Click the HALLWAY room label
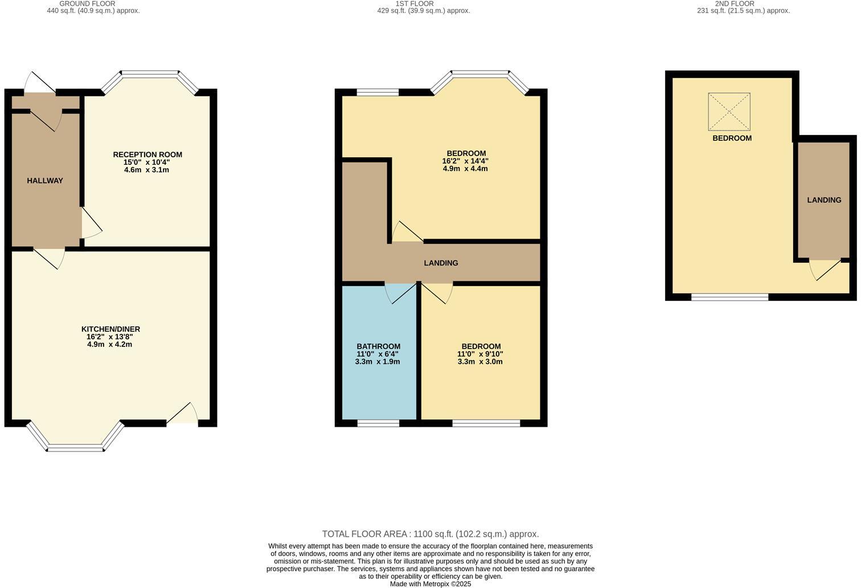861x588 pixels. (x=45, y=181)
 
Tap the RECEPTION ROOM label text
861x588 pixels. (x=147, y=154)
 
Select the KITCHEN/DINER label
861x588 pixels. (x=110, y=329)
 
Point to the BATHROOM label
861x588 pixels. (x=378, y=346)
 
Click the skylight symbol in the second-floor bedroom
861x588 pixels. (x=729, y=112)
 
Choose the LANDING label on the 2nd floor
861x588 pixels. (x=823, y=200)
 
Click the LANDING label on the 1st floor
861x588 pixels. (x=441, y=263)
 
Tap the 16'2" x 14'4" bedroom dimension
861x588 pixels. (x=465, y=161)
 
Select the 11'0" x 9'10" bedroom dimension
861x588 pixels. (x=480, y=354)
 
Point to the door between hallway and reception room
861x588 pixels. (x=91, y=223)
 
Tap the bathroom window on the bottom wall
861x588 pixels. (x=378, y=423)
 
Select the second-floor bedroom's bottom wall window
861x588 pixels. (x=729, y=297)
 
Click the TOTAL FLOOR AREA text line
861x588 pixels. (x=430, y=534)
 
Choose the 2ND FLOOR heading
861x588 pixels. (x=735, y=3)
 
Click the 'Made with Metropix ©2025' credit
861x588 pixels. (x=430, y=583)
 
